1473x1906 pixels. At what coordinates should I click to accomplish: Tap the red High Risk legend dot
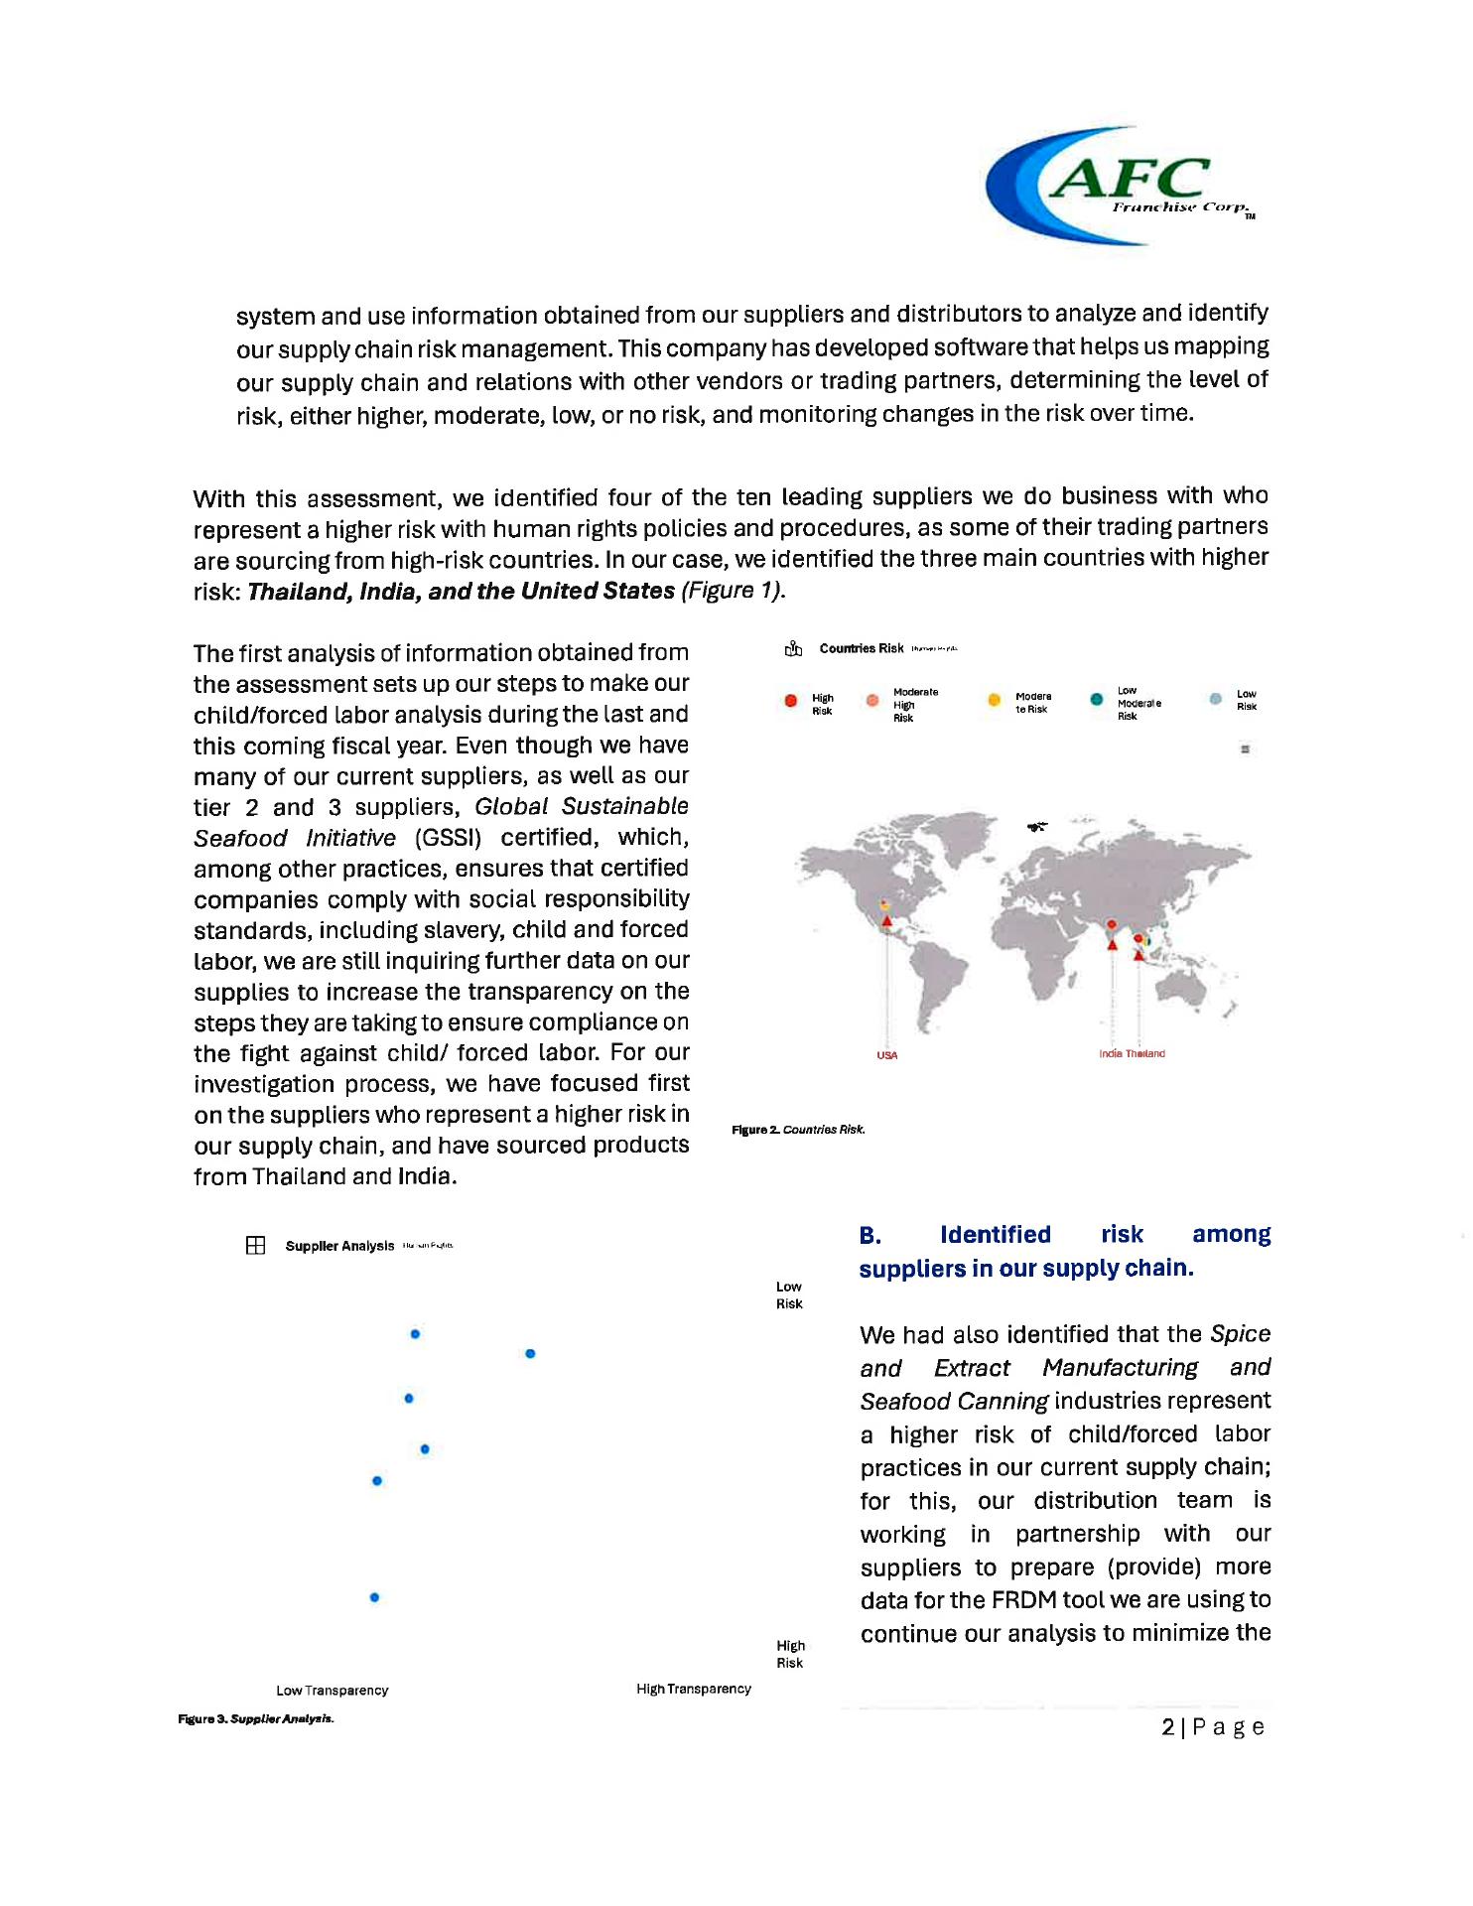point(790,701)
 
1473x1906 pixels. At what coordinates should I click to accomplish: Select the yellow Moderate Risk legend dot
point(994,700)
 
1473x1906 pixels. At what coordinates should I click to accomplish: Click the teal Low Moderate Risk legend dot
point(1096,699)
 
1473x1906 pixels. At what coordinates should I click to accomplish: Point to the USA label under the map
point(886,1055)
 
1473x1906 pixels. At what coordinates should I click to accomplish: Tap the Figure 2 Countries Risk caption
point(798,1130)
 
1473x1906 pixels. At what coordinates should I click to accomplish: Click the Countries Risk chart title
point(861,648)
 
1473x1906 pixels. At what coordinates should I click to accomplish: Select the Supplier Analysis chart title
point(339,1246)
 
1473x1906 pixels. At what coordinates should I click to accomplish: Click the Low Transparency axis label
point(332,1691)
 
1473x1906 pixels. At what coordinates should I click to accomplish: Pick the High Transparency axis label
point(694,1689)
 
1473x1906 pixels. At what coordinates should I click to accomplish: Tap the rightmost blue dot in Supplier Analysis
point(530,1353)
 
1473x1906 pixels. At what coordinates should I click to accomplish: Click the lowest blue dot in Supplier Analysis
point(374,1597)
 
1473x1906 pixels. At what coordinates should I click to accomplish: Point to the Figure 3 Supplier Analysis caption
point(256,1719)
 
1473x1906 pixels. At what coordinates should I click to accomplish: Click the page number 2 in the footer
point(1168,1728)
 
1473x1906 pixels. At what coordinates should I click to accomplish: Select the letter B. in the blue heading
point(870,1235)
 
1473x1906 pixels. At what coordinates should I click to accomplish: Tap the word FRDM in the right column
point(1026,1600)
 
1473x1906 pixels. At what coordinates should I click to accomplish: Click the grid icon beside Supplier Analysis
point(255,1246)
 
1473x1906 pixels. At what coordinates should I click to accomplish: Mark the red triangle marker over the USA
point(886,921)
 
